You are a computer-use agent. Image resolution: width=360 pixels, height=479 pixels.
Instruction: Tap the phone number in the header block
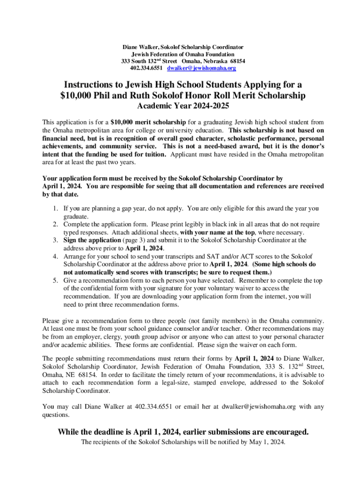coord(146,68)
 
